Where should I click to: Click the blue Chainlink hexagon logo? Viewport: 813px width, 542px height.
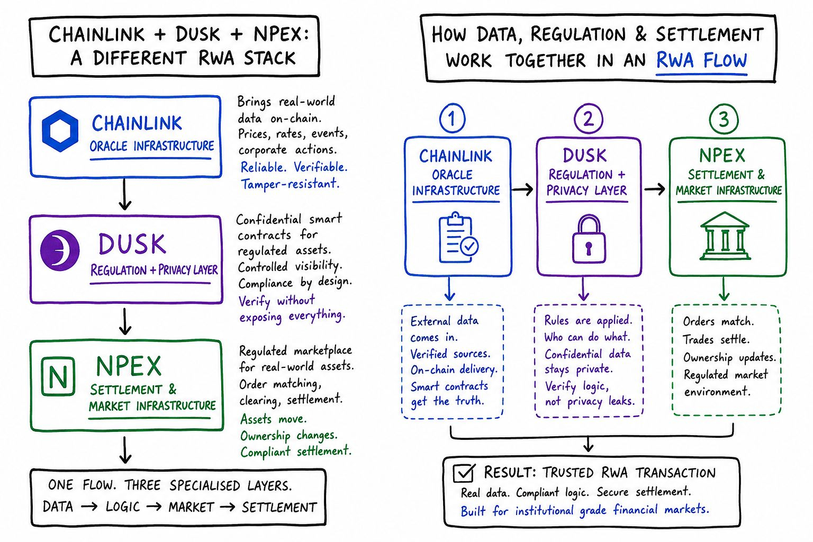[60, 131]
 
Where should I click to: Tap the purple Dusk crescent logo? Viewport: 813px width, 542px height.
[59, 250]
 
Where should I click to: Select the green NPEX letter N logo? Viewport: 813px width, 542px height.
[58, 376]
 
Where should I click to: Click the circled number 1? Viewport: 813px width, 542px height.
[452, 119]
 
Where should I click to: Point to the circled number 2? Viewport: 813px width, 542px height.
[589, 119]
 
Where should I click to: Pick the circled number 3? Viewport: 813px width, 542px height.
[724, 119]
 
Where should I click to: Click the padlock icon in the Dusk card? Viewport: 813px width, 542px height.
[589, 239]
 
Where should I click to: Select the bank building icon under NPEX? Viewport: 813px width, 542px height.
[725, 236]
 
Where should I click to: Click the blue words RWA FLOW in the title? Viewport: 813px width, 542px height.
[701, 60]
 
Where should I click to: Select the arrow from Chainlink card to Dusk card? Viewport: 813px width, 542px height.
[522, 189]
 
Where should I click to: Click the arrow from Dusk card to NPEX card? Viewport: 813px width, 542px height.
[654, 189]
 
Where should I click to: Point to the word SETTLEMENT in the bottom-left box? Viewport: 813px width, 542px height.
[279, 507]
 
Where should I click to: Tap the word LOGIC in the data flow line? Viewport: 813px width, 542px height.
[123, 507]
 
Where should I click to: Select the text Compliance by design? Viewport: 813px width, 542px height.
[295, 283]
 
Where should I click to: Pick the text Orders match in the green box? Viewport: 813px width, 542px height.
[718, 322]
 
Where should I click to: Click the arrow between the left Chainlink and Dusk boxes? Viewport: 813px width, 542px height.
[125, 194]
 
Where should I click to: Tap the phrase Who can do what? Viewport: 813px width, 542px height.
[587, 337]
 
